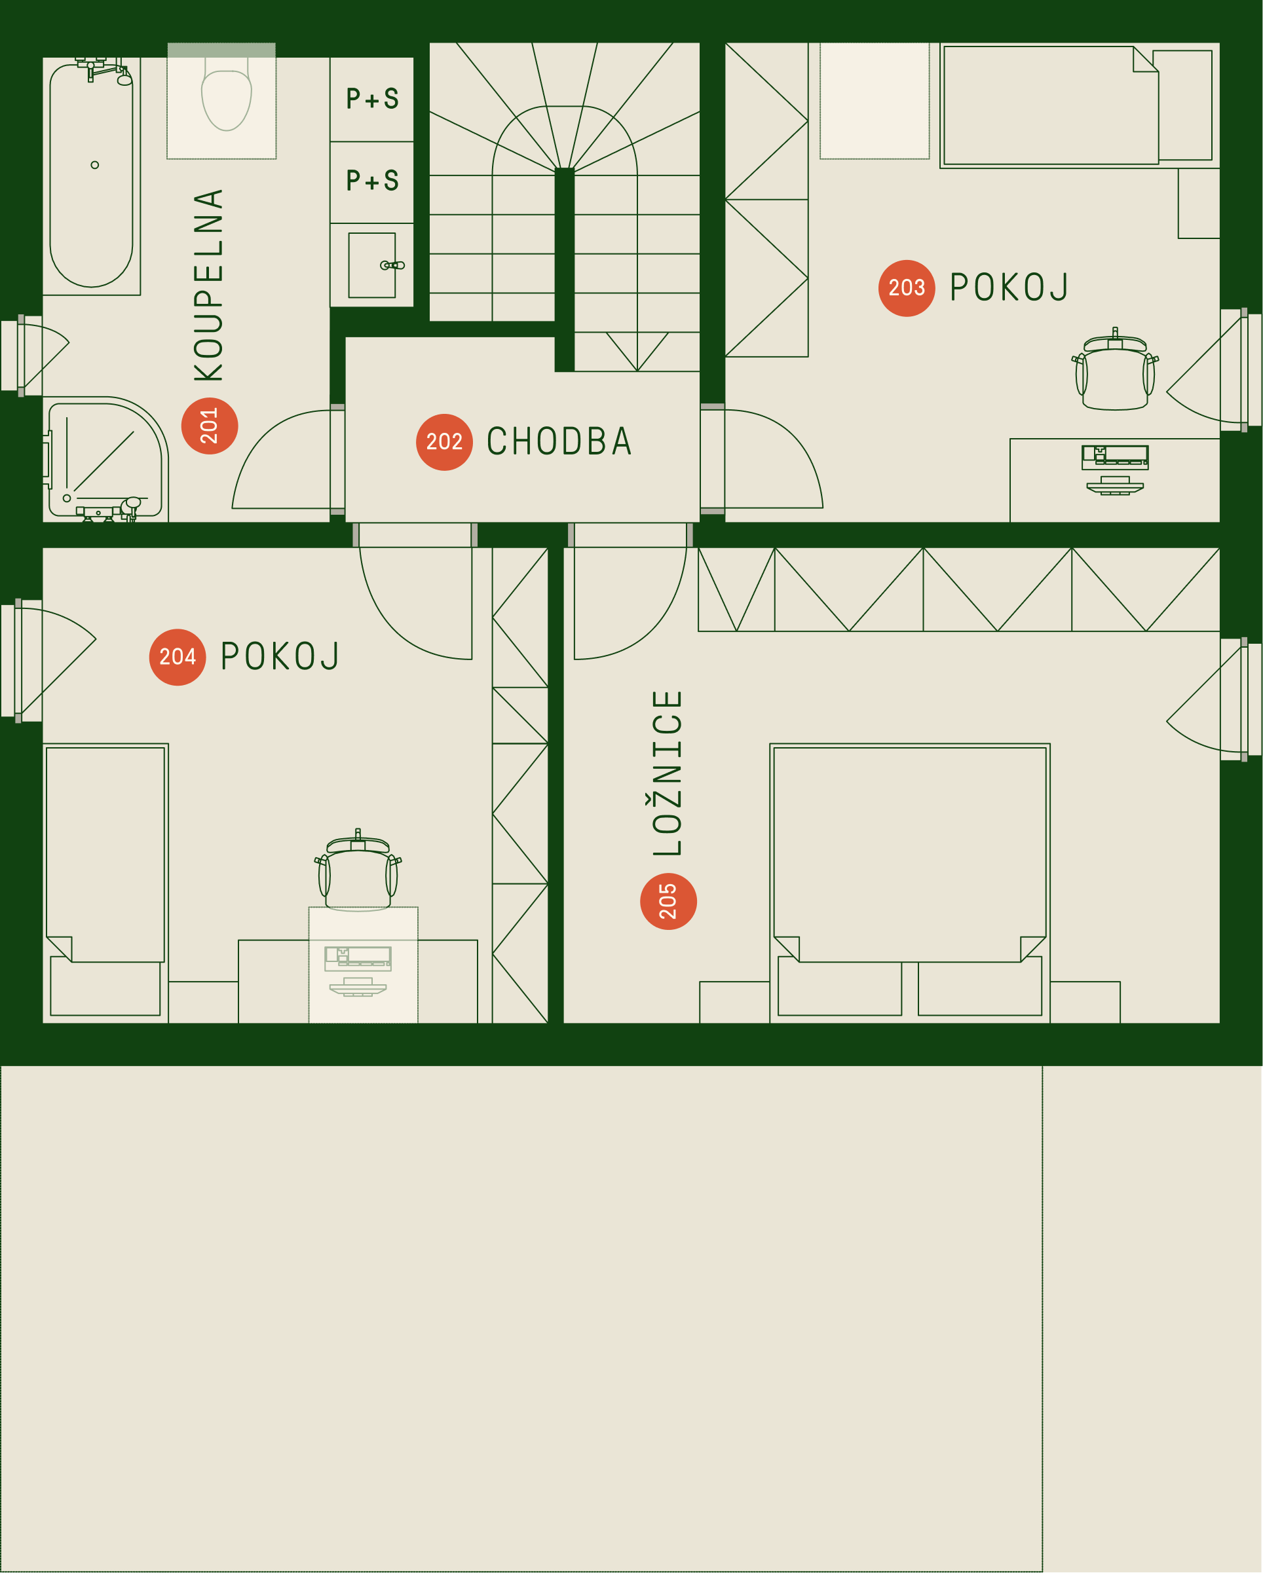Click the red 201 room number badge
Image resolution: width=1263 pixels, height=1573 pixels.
coord(210,426)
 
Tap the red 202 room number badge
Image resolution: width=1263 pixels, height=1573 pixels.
coord(444,442)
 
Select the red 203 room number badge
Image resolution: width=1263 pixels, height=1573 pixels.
coord(907,288)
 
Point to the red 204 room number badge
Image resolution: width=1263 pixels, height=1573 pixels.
coord(178,657)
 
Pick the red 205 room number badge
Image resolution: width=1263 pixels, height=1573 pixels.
coord(668,902)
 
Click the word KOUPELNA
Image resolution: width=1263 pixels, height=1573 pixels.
coord(209,286)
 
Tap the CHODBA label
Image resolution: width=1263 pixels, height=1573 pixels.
coord(559,442)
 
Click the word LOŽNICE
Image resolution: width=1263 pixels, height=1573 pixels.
coord(667,773)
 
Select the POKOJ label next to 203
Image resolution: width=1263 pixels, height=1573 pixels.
coord(1009,287)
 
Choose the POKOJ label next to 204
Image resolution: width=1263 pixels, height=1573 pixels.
coord(280,657)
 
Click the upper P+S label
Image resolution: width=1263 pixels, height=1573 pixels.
coord(373,98)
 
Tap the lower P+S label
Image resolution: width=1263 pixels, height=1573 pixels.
coord(373,180)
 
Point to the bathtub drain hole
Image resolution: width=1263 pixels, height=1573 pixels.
coord(95,165)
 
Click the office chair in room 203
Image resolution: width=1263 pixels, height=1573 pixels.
coord(1115,370)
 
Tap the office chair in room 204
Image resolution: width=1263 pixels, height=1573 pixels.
coord(358,870)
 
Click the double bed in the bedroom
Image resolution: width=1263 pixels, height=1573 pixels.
coord(910,882)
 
